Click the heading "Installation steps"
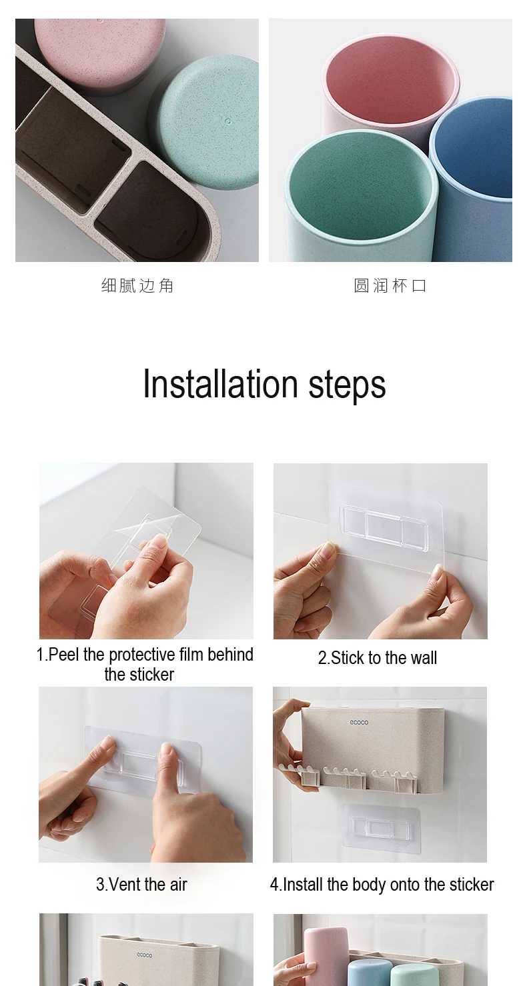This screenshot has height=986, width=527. pyautogui.click(x=264, y=385)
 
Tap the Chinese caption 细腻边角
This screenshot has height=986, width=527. pyautogui.click(x=137, y=286)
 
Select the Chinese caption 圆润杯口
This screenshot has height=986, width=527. pyautogui.click(x=390, y=286)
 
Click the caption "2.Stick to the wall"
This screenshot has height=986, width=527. pyautogui.click(x=378, y=658)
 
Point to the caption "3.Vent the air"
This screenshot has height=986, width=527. pyautogui.click(x=141, y=885)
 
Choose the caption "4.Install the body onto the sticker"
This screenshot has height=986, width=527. pyautogui.click(x=382, y=885)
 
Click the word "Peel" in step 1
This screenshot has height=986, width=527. pyautogui.click(x=64, y=655)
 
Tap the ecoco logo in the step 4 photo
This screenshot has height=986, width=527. pyautogui.click(x=359, y=722)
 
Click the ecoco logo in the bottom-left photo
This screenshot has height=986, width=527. pyautogui.click(x=145, y=955)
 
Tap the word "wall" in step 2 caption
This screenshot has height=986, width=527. pyautogui.click(x=424, y=658)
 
